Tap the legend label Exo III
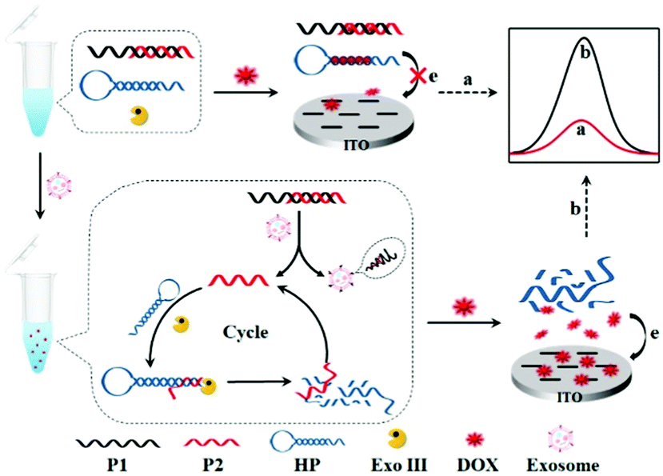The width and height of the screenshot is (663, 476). click(x=407, y=464)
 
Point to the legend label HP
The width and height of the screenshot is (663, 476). click(x=313, y=464)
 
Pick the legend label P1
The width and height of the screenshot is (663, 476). click(x=117, y=464)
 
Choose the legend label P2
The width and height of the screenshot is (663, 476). click(x=216, y=464)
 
